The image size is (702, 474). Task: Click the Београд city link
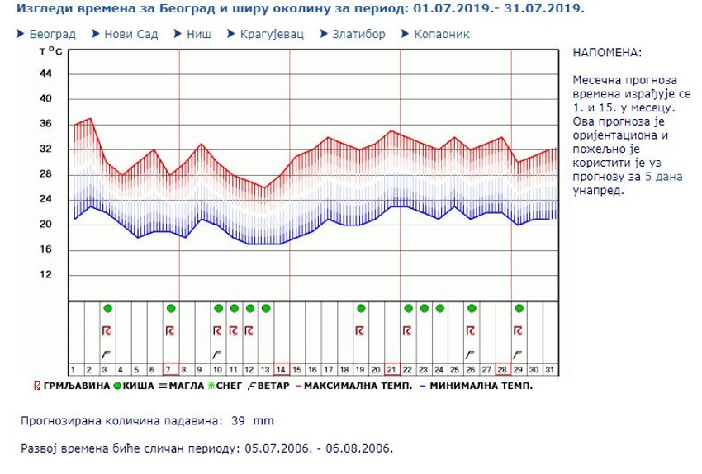tap(52, 35)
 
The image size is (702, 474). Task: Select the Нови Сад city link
tap(130, 35)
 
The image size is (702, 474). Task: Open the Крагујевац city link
tap(273, 35)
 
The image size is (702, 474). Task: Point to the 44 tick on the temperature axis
tap(46, 73)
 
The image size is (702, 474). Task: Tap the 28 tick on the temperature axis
tap(46, 174)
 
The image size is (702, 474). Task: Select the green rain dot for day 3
tap(107, 308)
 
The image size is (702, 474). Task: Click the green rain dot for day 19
tap(360, 308)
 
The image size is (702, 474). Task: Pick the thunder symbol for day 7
tap(170, 330)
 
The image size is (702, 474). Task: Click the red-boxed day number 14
tap(281, 369)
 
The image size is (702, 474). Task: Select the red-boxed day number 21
tap(391, 369)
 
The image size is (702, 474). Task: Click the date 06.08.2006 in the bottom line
tap(360, 449)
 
